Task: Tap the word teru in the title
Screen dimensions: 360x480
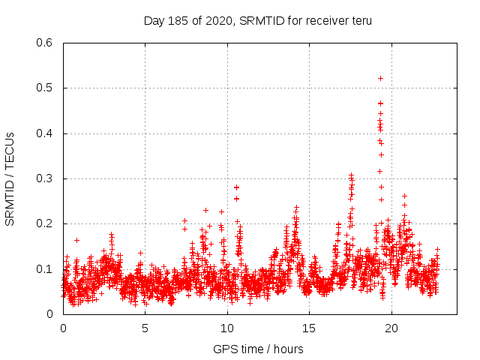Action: click(x=358, y=21)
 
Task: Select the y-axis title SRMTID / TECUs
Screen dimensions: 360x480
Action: click(x=10, y=179)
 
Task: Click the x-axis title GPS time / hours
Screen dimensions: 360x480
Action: click(x=258, y=349)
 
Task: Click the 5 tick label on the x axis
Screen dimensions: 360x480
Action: click(x=145, y=328)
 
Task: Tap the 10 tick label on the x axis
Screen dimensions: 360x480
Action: click(x=227, y=328)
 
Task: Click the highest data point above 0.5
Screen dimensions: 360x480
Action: click(x=380, y=78)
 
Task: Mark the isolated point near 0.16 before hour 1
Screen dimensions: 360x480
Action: click(x=76, y=240)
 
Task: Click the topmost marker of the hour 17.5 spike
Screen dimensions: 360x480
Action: click(x=350, y=175)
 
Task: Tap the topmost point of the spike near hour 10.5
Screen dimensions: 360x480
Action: click(x=236, y=187)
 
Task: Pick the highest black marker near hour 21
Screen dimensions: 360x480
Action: click(x=404, y=196)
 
